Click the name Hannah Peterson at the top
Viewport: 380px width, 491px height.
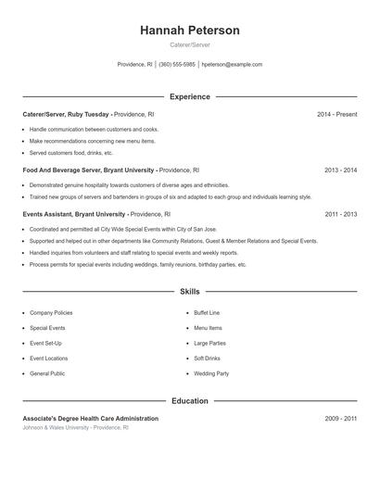[x=190, y=31]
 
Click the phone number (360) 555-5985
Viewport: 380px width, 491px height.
[x=176, y=65]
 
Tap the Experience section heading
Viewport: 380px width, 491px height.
[x=190, y=96]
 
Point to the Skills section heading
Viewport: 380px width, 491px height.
[x=190, y=291]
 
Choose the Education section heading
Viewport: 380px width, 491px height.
[x=190, y=401]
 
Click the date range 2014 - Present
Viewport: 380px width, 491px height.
[x=336, y=114]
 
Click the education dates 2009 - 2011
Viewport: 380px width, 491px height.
[x=340, y=419]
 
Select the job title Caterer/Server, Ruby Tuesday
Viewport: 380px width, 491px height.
[x=66, y=114]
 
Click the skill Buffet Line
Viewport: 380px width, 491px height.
[x=207, y=313]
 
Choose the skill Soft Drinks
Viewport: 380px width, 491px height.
[x=207, y=358]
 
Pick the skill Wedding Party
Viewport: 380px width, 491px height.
[x=210, y=373]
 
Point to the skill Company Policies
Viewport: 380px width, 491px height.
[x=51, y=313]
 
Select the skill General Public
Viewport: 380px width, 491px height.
[x=47, y=373]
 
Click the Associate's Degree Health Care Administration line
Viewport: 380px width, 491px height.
[x=90, y=419]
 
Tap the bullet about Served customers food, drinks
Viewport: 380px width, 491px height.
[x=71, y=153]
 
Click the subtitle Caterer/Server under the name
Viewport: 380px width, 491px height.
[x=190, y=45]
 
